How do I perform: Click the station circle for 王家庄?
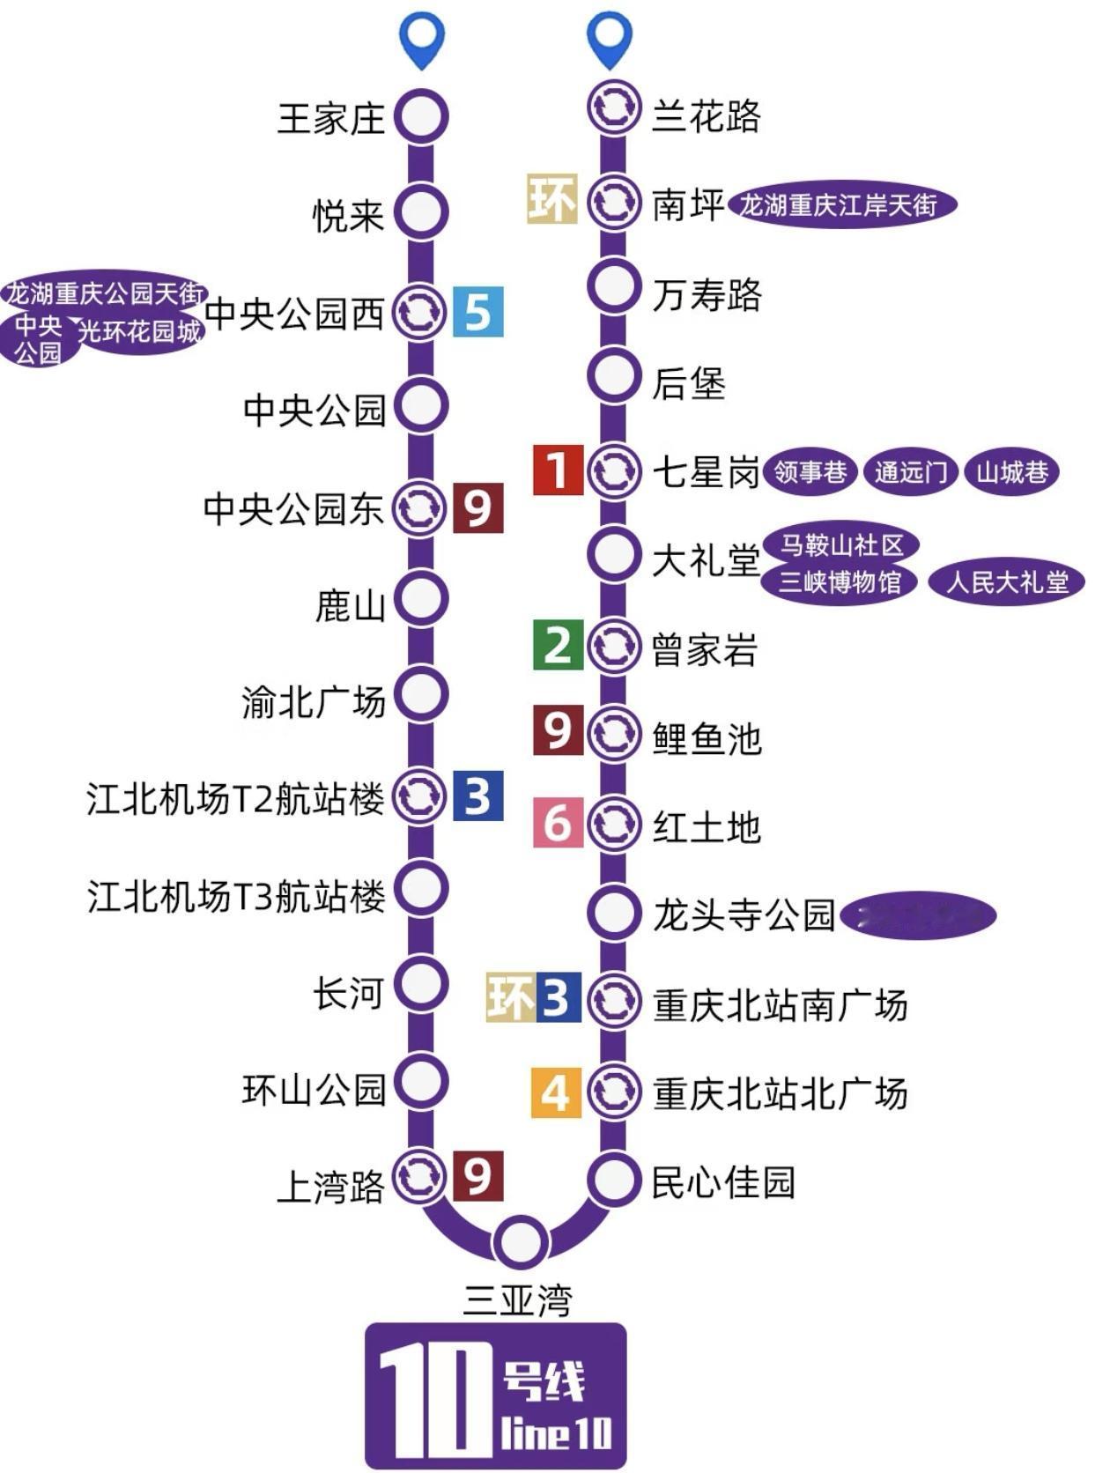tap(421, 116)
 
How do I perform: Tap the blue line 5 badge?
tap(477, 312)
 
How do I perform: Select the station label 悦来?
tap(349, 215)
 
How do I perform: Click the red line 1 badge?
tap(558, 470)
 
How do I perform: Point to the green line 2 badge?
tap(558, 645)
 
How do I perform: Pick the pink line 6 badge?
tap(558, 823)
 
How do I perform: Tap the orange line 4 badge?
tap(556, 1092)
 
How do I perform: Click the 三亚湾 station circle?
tap(521, 1241)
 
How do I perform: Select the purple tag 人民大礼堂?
tap(1006, 582)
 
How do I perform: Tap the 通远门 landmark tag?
tap(910, 473)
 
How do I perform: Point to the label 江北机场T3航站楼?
tap(236, 897)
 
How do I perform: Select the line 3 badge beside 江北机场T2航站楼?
tap(477, 796)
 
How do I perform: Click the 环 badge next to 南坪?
tap(551, 199)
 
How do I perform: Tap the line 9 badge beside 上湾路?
tap(477, 1176)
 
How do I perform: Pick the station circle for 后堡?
tap(613, 376)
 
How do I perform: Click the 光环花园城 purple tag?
tap(141, 331)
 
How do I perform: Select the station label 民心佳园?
tap(723, 1182)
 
